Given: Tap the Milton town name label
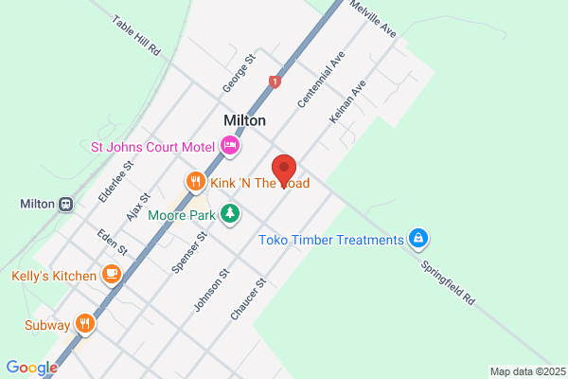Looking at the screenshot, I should [x=244, y=120].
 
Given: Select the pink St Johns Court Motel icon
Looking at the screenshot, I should [x=229, y=146].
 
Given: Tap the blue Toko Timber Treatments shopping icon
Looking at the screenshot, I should [x=417, y=239].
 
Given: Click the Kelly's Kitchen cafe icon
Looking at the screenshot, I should [x=112, y=276].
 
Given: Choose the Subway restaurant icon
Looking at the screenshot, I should [x=86, y=324].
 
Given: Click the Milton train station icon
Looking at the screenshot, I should [x=65, y=204].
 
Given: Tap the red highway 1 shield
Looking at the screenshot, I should [x=275, y=82].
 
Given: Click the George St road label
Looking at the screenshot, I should [x=240, y=73].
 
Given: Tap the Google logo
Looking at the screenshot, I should [x=31, y=368].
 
